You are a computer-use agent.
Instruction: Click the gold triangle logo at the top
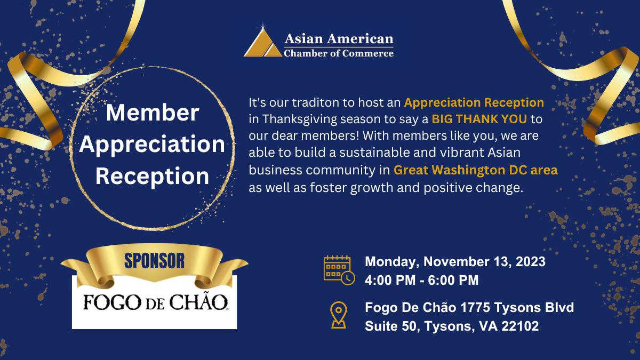click(x=263, y=43)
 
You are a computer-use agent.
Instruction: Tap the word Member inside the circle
click(x=153, y=113)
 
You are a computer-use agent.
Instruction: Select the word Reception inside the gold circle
click(x=153, y=176)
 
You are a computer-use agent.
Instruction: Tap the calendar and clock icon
click(x=339, y=270)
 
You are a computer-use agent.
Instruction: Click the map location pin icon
click(x=338, y=315)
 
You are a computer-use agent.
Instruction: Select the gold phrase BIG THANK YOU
click(x=479, y=117)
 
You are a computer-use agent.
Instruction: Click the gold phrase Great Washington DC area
click(x=476, y=171)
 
